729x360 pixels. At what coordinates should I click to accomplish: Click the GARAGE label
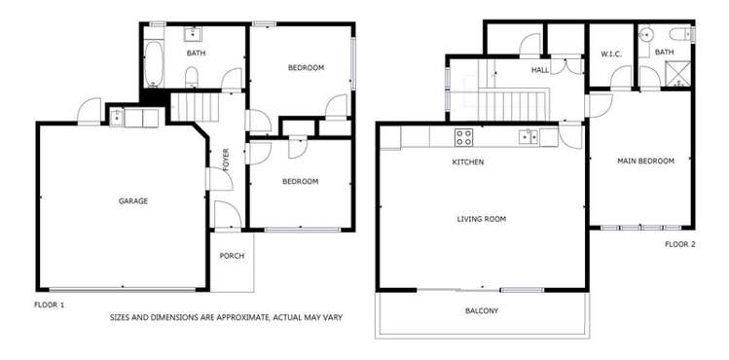[x=132, y=201]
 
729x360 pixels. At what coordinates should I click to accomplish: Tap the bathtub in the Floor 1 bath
[x=153, y=63]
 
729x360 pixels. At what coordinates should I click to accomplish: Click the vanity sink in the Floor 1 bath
[x=193, y=32]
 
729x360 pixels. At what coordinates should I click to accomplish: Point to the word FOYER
[x=225, y=159]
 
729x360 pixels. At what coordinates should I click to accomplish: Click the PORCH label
[x=232, y=256]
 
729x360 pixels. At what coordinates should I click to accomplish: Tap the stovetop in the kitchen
[x=464, y=136]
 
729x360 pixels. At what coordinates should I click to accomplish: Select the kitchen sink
[x=529, y=136]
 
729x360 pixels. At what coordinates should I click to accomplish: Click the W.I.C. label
[x=611, y=54]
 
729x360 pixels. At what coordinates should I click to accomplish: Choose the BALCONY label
[x=481, y=311]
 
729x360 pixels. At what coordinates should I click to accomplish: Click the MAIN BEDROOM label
[x=645, y=162]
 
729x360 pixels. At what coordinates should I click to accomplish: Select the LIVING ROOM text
[x=481, y=219]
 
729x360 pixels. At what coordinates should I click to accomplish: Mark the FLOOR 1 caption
[x=49, y=305]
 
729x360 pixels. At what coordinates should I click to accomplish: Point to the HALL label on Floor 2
[x=540, y=70]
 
